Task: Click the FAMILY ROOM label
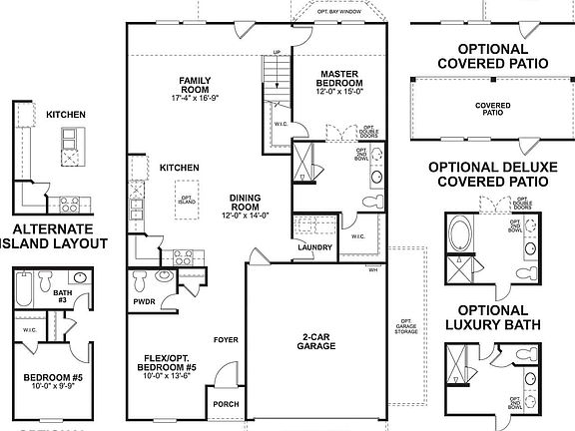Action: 193,86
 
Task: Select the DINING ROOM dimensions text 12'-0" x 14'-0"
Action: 245,215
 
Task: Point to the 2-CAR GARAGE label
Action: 315,341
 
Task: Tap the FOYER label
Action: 226,339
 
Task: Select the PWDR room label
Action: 145,299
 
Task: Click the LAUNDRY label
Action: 314,247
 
